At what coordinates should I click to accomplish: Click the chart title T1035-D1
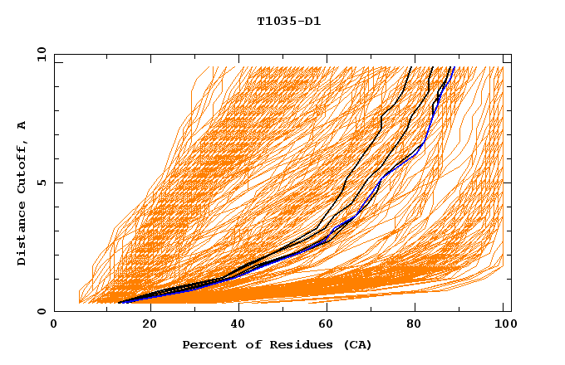(x=288, y=21)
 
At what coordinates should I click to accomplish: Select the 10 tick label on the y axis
(x=39, y=54)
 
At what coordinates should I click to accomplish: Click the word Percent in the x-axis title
(x=205, y=344)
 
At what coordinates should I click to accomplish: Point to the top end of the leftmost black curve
(x=411, y=67)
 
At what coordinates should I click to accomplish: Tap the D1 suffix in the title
(x=312, y=21)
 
